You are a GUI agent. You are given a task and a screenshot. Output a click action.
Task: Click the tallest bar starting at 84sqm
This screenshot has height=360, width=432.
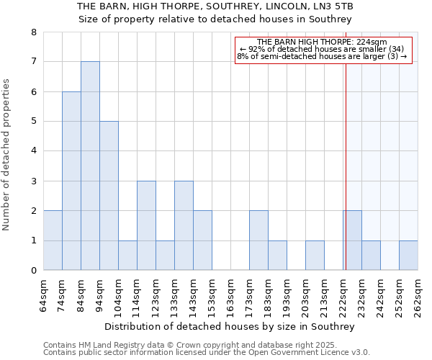click(90, 166)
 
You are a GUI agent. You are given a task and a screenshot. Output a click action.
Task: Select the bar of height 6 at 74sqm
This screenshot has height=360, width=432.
click(71, 181)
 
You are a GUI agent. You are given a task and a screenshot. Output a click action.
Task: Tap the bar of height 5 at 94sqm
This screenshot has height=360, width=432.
click(109, 196)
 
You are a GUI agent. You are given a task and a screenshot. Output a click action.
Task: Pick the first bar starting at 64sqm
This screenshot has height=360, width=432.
click(53, 240)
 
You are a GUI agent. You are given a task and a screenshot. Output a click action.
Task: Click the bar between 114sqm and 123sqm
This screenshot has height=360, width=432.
click(146, 225)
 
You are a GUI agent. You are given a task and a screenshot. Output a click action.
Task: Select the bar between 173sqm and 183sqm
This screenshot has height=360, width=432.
click(258, 240)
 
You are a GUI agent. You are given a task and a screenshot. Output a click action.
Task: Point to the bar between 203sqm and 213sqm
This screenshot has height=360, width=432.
click(315, 256)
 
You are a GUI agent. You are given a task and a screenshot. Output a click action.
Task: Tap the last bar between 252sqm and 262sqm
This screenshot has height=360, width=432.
click(408, 256)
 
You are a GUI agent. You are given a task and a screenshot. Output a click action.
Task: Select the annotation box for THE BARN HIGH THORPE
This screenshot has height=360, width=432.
click(322, 50)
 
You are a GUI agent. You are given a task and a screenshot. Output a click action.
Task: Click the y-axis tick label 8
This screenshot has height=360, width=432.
click(33, 32)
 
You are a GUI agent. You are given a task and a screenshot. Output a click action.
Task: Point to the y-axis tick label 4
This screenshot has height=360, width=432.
click(33, 151)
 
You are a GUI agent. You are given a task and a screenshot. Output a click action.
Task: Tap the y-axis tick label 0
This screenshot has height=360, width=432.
click(33, 271)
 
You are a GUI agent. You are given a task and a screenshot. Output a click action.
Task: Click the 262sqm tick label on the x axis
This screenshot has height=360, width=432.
click(418, 295)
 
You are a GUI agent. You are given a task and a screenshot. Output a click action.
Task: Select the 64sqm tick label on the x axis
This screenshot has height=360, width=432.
click(44, 295)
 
